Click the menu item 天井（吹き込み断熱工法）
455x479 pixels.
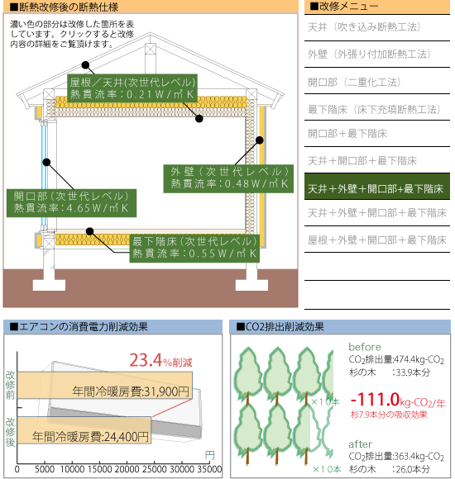pyautogui.click(x=364, y=27)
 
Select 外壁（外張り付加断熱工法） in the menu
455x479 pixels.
pyautogui.click(x=369, y=54)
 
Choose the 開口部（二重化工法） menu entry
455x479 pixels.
pyautogui.click(x=354, y=83)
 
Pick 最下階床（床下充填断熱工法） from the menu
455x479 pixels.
pyautogui.click(x=374, y=109)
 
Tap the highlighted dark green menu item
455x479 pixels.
pyautogui.click(x=377, y=187)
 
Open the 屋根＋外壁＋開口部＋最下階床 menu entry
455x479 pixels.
pyautogui.click(x=377, y=240)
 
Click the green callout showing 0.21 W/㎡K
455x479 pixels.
pyautogui.click(x=132, y=88)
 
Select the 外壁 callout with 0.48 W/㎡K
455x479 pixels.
pyautogui.click(x=228, y=178)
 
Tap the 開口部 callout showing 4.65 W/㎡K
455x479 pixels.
pyautogui.click(x=71, y=203)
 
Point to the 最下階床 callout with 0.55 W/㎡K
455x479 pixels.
pyautogui.click(x=194, y=248)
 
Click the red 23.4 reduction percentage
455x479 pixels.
pyautogui.click(x=146, y=360)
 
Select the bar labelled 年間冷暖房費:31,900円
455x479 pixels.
pyautogui.click(x=104, y=385)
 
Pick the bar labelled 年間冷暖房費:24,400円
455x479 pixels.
pyautogui.click(x=84, y=429)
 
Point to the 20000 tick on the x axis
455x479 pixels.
pyautogui.click(x=127, y=469)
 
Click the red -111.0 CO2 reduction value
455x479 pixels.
pyautogui.click(x=375, y=400)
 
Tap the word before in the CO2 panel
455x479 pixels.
pyautogui.click(x=365, y=347)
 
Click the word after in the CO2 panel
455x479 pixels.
pyautogui.click(x=360, y=444)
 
